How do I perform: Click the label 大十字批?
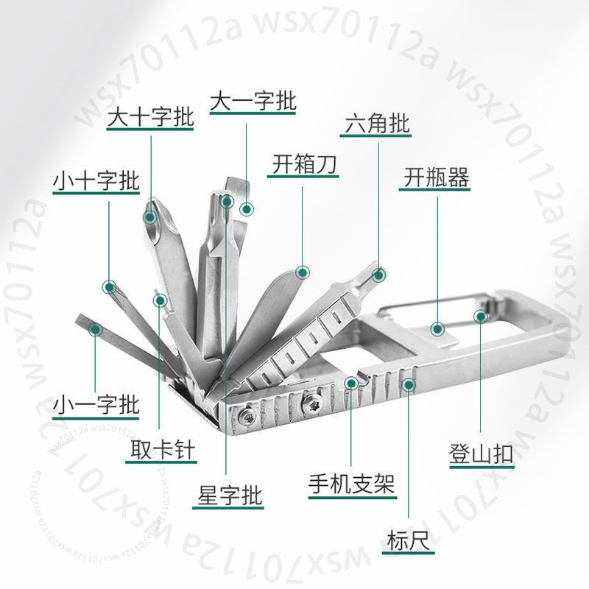(150, 117)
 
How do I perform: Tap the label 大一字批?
(253, 101)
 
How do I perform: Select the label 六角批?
(377, 124)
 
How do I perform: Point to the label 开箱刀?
(303, 164)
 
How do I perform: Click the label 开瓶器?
(436, 177)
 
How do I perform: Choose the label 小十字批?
(96, 181)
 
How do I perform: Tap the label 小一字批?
(96, 405)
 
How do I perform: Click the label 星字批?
(229, 495)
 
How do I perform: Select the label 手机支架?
(352, 484)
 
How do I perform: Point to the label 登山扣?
(482, 454)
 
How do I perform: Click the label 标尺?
(408, 540)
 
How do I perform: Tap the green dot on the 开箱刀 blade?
(303, 272)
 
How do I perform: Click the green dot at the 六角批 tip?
(379, 275)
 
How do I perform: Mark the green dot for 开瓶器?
(437, 329)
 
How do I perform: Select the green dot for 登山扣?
(481, 317)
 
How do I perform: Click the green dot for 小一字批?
(95, 330)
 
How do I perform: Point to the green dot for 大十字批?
(150, 216)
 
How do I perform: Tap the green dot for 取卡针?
(160, 300)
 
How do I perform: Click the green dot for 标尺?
(409, 384)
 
